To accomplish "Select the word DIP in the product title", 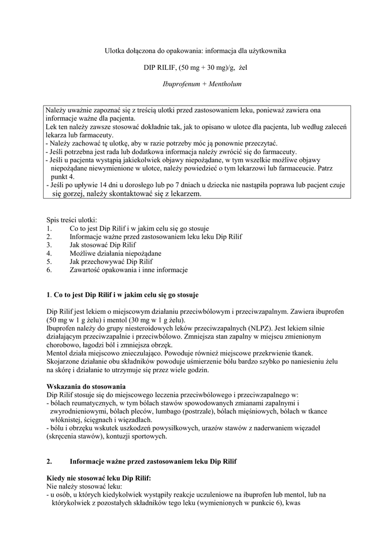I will coord(150,68).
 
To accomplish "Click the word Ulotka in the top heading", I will coord(115,50).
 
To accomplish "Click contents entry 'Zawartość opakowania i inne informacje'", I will coord(129,269).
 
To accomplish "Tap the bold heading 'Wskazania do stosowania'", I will coord(86,386).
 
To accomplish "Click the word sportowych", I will coord(150,436).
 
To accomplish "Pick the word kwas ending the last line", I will coord(291,503).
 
